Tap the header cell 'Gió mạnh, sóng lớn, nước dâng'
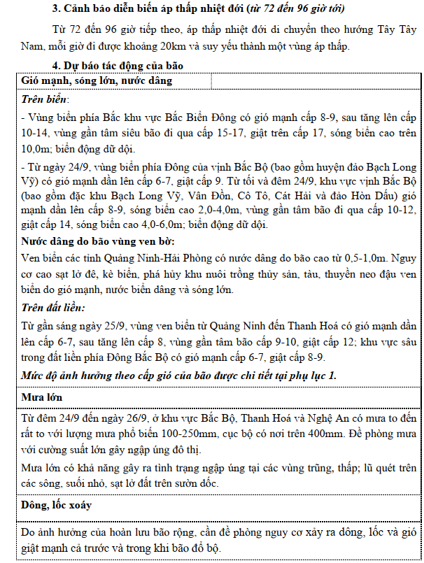97,80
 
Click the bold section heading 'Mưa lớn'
43,397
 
